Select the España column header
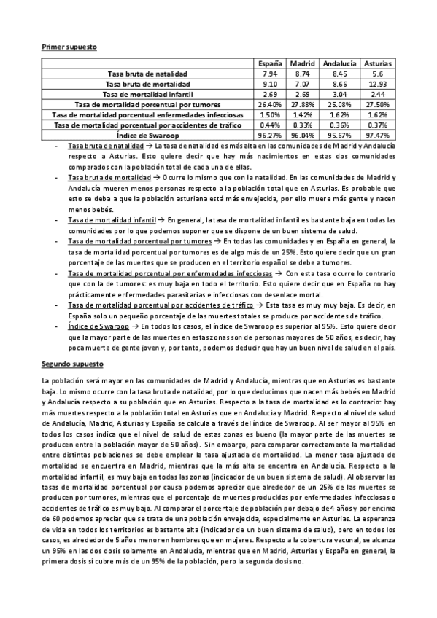pos(270,63)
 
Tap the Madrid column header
pos(301,63)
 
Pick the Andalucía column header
pos(339,63)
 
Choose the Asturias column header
pos(377,63)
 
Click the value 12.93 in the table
pos(377,84)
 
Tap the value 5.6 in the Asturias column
pos(377,74)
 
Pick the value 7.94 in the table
pos(270,74)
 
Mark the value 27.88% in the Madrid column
pos(301,104)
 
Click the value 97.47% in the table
pos(377,135)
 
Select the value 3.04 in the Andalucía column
pos(339,94)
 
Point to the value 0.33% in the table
pos(301,125)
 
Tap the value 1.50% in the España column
pos(270,114)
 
